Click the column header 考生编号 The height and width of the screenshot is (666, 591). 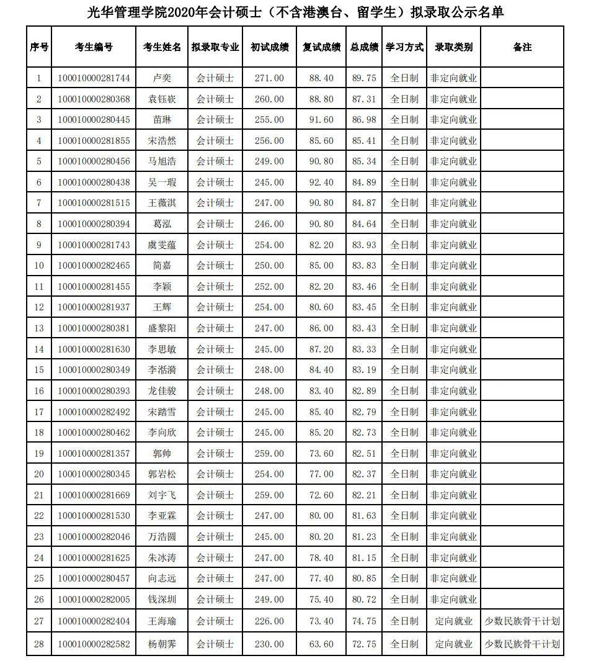[x=94, y=47]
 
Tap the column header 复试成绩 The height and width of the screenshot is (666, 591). [x=321, y=47]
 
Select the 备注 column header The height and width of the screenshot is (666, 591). [x=522, y=47]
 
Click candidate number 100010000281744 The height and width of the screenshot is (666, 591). [x=94, y=78]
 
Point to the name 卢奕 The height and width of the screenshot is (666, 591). [x=162, y=78]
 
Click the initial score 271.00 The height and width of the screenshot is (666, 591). [x=269, y=78]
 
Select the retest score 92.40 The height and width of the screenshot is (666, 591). [x=321, y=182]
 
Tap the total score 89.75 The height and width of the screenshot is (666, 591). [x=363, y=78]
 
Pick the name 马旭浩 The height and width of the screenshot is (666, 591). [x=162, y=161]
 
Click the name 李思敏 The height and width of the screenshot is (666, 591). [x=162, y=349]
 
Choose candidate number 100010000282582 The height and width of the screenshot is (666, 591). [x=94, y=644]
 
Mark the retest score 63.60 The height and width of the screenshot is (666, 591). [x=321, y=644]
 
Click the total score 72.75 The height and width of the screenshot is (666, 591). [x=363, y=644]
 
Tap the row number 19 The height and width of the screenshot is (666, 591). [x=39, y=454]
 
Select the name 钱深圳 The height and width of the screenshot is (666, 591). [x=162, y=600]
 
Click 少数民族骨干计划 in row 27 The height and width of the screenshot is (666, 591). [x=522, y=621]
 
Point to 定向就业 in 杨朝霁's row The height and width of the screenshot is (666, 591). [x=453, y=644]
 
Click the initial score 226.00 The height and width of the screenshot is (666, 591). [x=269, y=621]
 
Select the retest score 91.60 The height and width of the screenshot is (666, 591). [x=321, y=120]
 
